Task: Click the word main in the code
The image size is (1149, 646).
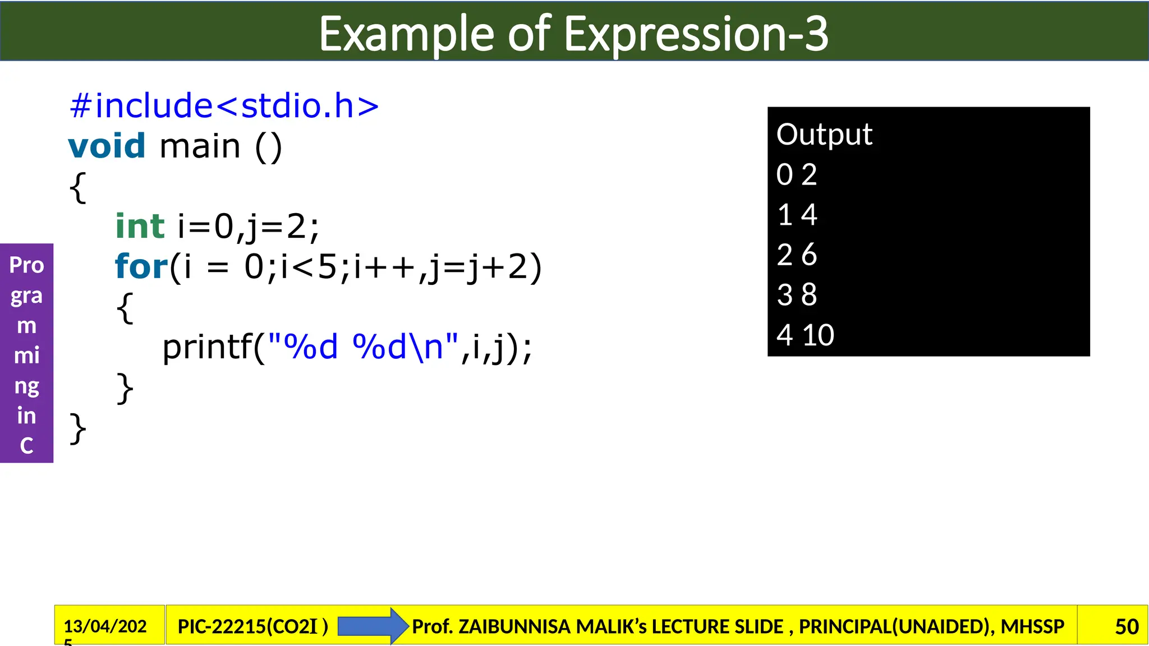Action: tap(200, 147)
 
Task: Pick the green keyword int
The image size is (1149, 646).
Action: tap(140, 227)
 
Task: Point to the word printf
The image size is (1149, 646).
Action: tap(208, 347)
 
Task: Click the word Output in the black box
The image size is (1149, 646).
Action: tap(824, 135)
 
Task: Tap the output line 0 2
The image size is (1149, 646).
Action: tap(797, 174)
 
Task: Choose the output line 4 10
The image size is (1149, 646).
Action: tap(805, 335)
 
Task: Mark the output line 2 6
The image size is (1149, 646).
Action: tap(797, 255)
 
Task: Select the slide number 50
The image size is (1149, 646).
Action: tap(1127, 626)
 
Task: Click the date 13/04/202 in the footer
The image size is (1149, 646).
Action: tap(105, 626)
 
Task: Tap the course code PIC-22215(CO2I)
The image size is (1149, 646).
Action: tap(252, 626)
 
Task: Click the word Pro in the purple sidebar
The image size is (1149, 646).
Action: tap(26, 265)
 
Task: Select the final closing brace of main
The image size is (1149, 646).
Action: tap(77, 428)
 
